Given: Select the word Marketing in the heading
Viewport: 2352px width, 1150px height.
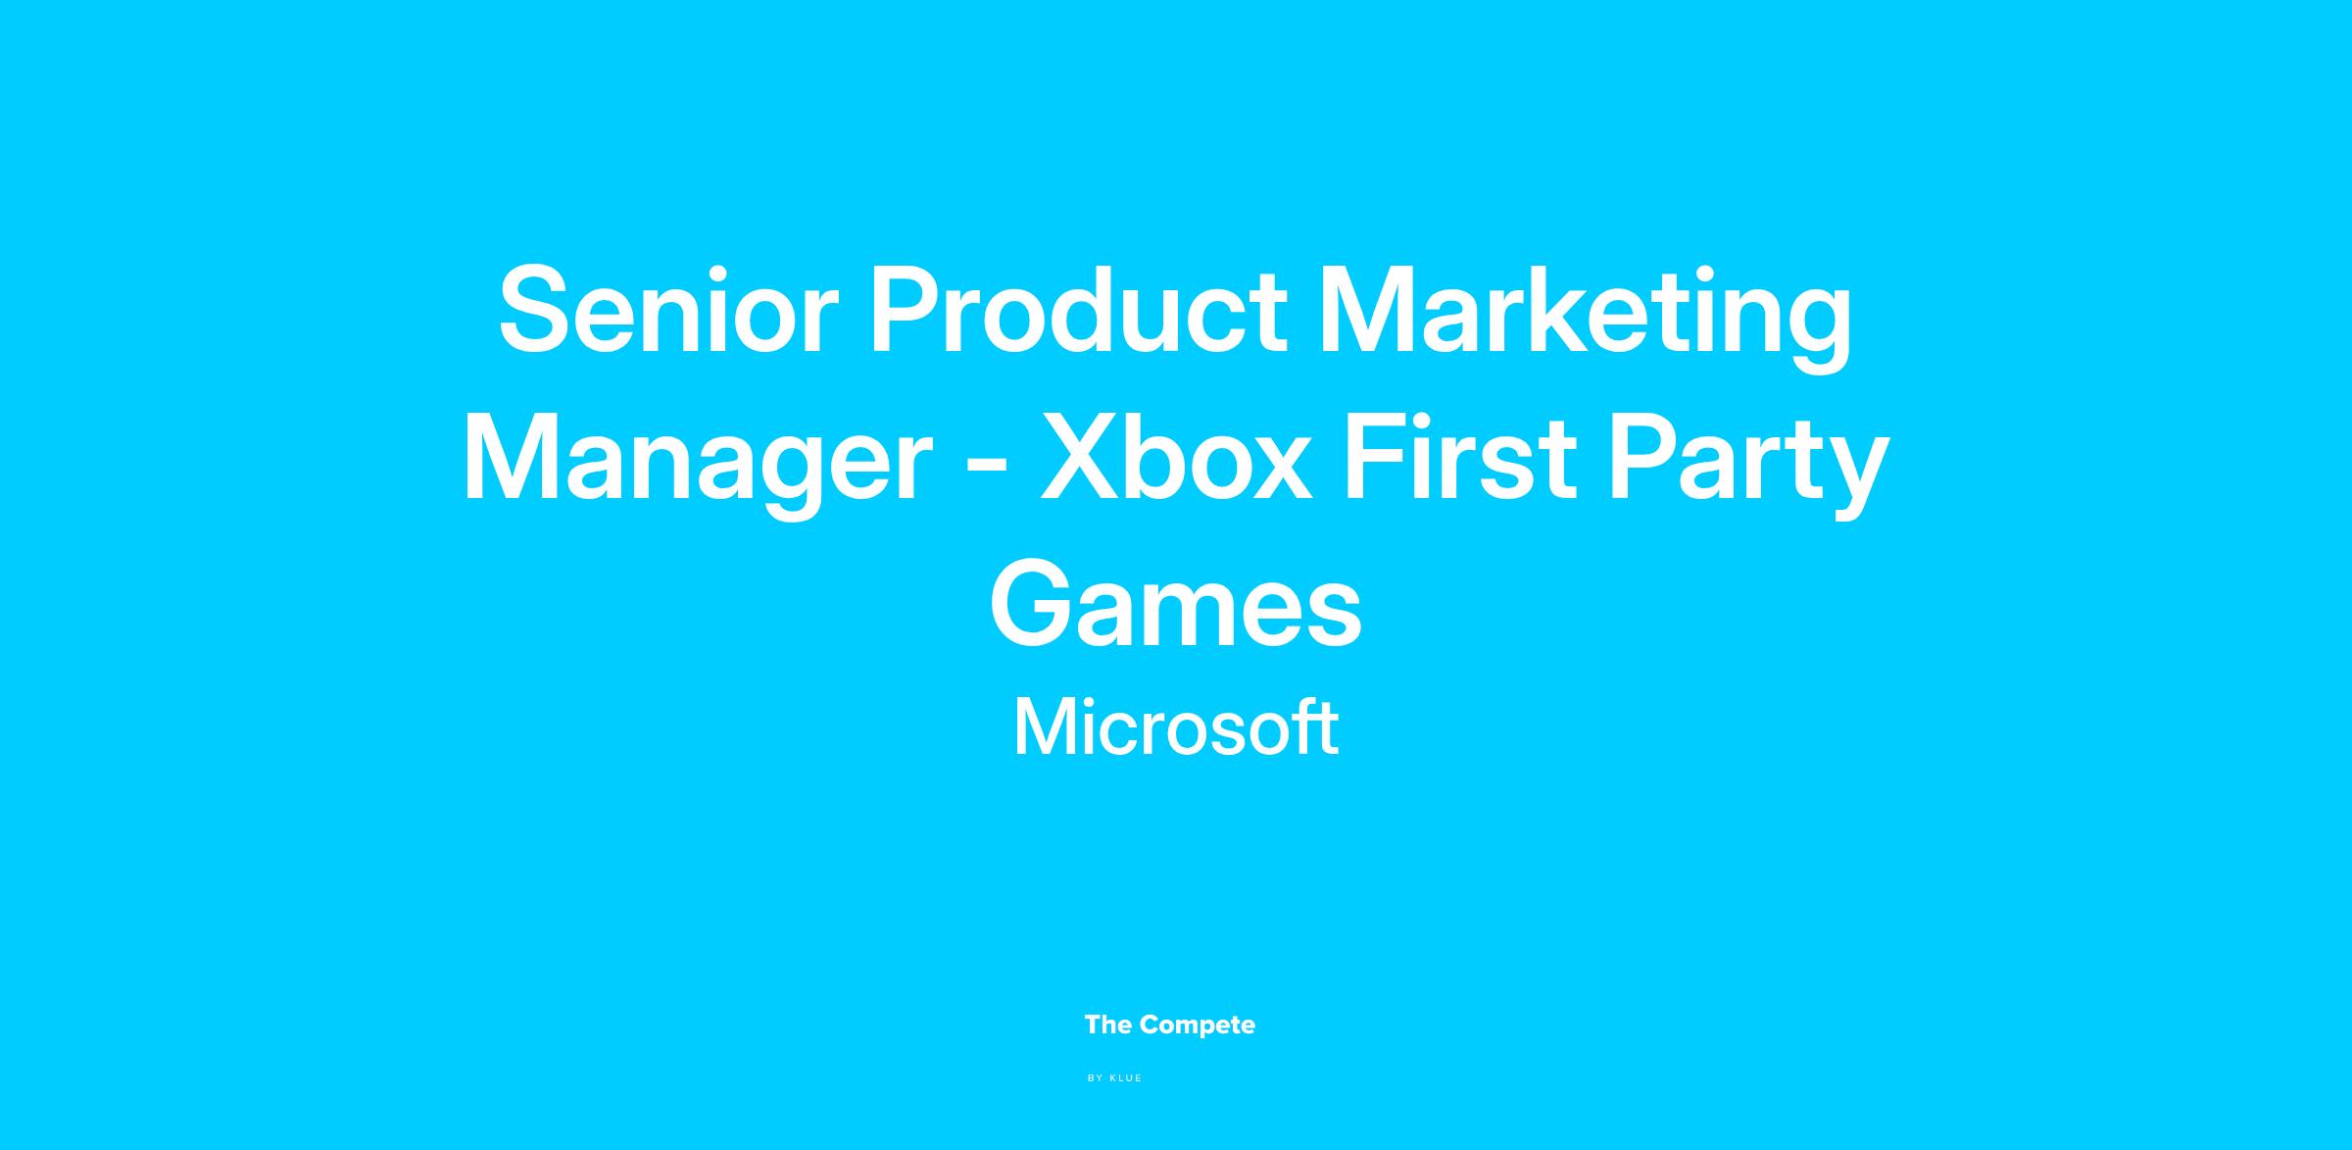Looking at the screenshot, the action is pos(1586,320).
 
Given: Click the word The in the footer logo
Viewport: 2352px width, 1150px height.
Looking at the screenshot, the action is pos(1108,1025).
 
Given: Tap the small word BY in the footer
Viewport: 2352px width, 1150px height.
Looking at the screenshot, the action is pos(1096,1078).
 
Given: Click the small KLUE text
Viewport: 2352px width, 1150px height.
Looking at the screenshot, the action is pos(1126,1078).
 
